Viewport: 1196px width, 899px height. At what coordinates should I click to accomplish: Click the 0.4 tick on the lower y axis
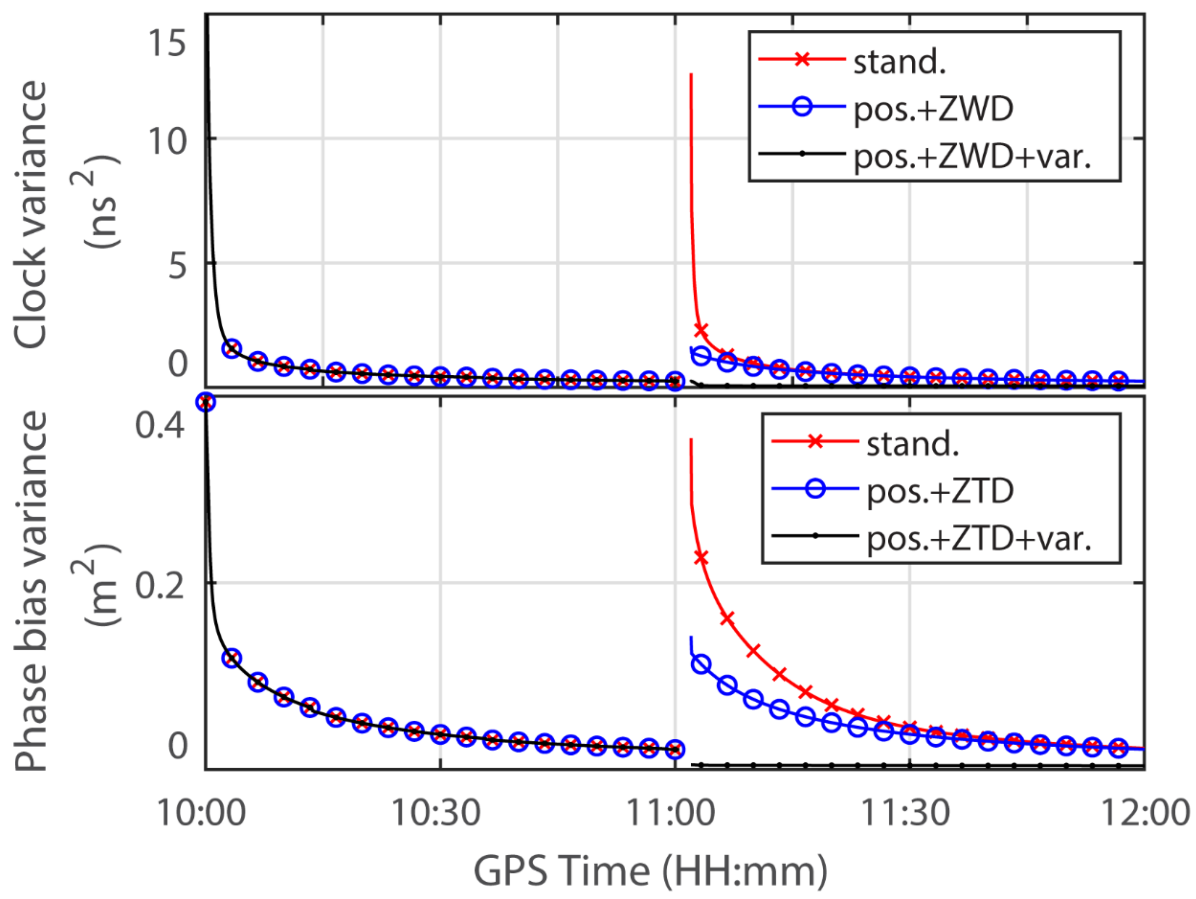(160, 425)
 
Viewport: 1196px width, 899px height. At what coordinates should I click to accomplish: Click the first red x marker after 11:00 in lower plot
(701, 557)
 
